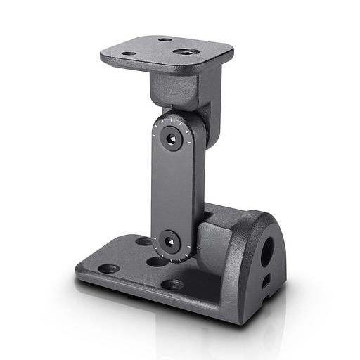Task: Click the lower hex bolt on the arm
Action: [169, 242]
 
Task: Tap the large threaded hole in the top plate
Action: [186, 52]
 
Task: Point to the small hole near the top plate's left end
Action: [129, 53]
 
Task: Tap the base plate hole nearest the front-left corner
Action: [109, 268]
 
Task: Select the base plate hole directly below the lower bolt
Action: [157, 262]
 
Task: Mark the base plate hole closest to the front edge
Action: [172, 285]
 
